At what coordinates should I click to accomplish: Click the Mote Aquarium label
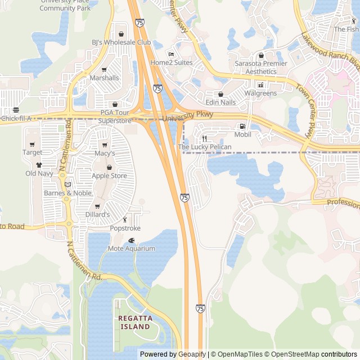pyautogui.click(x=131, y=248)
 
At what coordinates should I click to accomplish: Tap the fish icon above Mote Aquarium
pyautogui.click(x=132, y=240)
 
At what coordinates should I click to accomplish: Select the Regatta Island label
pyautogui.click(x=134, y=322)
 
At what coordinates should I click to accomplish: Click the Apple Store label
pyautogui.click(x=109, y=175)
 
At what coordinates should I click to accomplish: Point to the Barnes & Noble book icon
pyautogui.click(x=67, y=184)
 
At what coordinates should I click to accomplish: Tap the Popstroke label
pyautogui.click(x=125, y=228)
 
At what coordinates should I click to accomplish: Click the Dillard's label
pyautogui.click(x=98, y=215)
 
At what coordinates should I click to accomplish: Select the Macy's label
pyautogui.click(x=105, y=153)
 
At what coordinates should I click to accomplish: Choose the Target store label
pyautogui.click(x=32, y=152)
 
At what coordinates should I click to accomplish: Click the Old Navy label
pyautogui.click(x=39, y=173)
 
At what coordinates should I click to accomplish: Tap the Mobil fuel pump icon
pyautogui.click(x=242, y=127)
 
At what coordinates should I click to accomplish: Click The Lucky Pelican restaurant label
pyautogui.click(x=205, y=147)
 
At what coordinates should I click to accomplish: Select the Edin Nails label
pyautogui.click(x=220, y=102)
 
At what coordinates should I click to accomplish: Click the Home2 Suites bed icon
pyautogui.click(x=171, y=55)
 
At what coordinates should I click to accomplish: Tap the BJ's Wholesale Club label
pyautogui.click(x=121, y=42)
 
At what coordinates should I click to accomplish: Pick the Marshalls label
pyautogui.click(x=104, y=78)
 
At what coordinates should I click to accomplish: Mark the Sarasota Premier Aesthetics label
pyautogui.click(x=261, y=67)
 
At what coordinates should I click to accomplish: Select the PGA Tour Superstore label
pyautogui.click(x=115, y=116)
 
